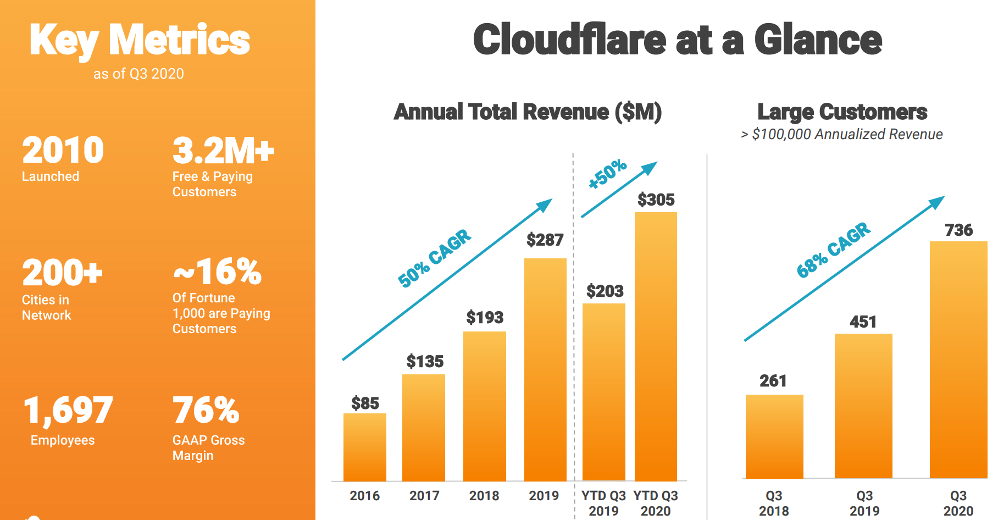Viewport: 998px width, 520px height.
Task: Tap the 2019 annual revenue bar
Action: [x=545, y=369]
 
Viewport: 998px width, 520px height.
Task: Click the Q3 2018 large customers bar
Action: [x=774, y=436]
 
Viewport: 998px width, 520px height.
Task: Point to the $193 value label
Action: [x=485, y=317]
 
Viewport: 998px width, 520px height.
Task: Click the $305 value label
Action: [x=656, y=200]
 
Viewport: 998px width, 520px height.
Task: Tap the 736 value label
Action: [x=958, y=230]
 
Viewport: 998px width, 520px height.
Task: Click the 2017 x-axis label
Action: [x=424, y=496]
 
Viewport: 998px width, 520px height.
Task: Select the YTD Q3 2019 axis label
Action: [x=603, y=503]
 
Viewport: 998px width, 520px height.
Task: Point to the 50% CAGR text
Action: [x=434, y=258]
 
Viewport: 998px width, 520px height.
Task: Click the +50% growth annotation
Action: [x=607, y=173]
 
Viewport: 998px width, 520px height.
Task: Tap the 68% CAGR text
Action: [x=833, y=250]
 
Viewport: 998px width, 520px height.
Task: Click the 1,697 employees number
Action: [x=68, y=411]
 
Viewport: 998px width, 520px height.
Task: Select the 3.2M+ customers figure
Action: [x=223, y=151]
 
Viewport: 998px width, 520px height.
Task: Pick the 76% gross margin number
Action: [x=206, y=411]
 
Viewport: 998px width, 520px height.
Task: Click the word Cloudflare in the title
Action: [x=569, y=40]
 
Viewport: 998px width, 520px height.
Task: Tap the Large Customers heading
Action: [x=842, y=112]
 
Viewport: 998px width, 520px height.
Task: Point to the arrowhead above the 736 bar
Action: [x=938, y=202]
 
